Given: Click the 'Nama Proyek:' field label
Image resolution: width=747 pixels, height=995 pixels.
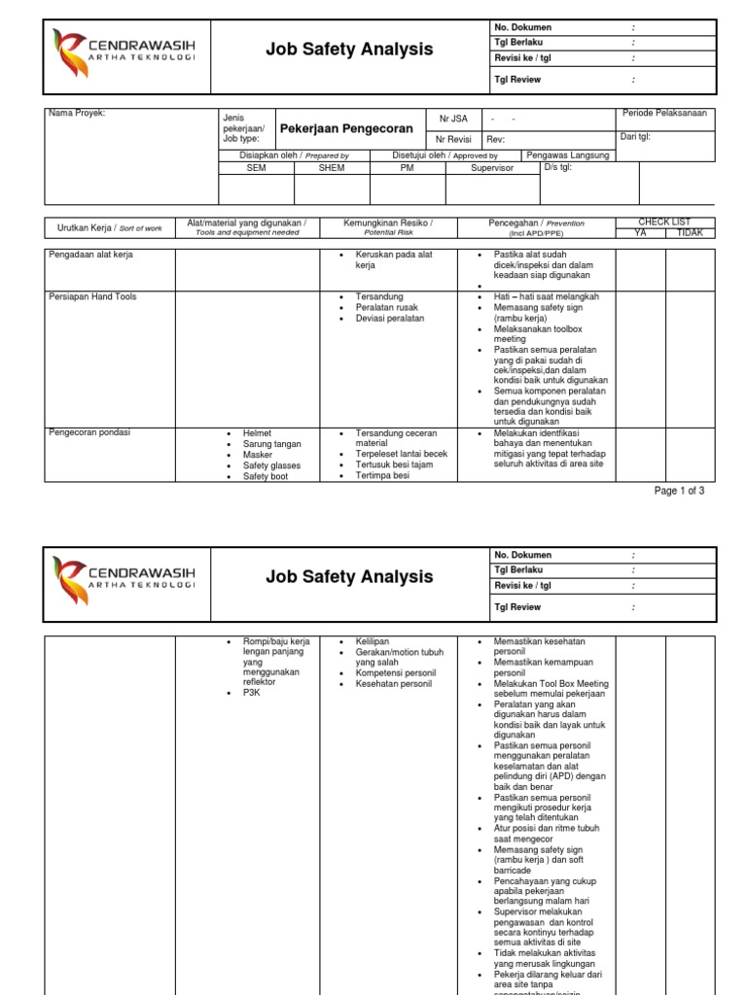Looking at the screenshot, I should (x=77, y=114).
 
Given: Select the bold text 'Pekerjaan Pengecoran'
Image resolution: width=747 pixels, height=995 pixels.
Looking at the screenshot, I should (x=346, y=128).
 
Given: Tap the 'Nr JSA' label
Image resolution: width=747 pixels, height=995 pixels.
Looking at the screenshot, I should (x=453, y=119).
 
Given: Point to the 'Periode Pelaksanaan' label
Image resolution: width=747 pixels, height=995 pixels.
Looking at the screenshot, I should (x=665, y=114).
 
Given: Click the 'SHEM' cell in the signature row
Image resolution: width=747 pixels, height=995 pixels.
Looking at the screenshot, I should (x=332, y=168).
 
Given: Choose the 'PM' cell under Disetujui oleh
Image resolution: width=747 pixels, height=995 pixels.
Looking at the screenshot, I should (x=407, y=168).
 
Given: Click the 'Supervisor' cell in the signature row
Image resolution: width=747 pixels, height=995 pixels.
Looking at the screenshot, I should (x=491, y=168).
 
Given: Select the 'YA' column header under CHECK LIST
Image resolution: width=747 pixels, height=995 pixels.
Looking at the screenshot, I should (x=640, y=233).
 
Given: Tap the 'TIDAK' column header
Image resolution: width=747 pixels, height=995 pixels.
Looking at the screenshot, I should (x=690, y=233).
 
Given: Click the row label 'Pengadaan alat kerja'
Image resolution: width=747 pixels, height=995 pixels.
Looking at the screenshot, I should (x=90, y=255).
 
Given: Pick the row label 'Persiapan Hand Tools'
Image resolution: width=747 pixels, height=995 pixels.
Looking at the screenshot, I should (x=92, y=296).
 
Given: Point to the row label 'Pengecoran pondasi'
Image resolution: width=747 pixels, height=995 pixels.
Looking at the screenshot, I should (x=89, y=432).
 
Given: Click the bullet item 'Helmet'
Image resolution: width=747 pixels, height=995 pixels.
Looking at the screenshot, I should (x=258, y=433).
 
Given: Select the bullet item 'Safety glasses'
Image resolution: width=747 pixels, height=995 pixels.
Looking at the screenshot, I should (x=271, y=465).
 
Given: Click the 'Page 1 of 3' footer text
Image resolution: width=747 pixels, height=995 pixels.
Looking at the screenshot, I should (x=679, y=491).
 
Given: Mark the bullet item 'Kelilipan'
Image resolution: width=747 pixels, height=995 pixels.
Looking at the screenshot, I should (x=373, y=642).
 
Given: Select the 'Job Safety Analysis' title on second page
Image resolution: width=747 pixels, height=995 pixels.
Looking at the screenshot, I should (x=349, y=577).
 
